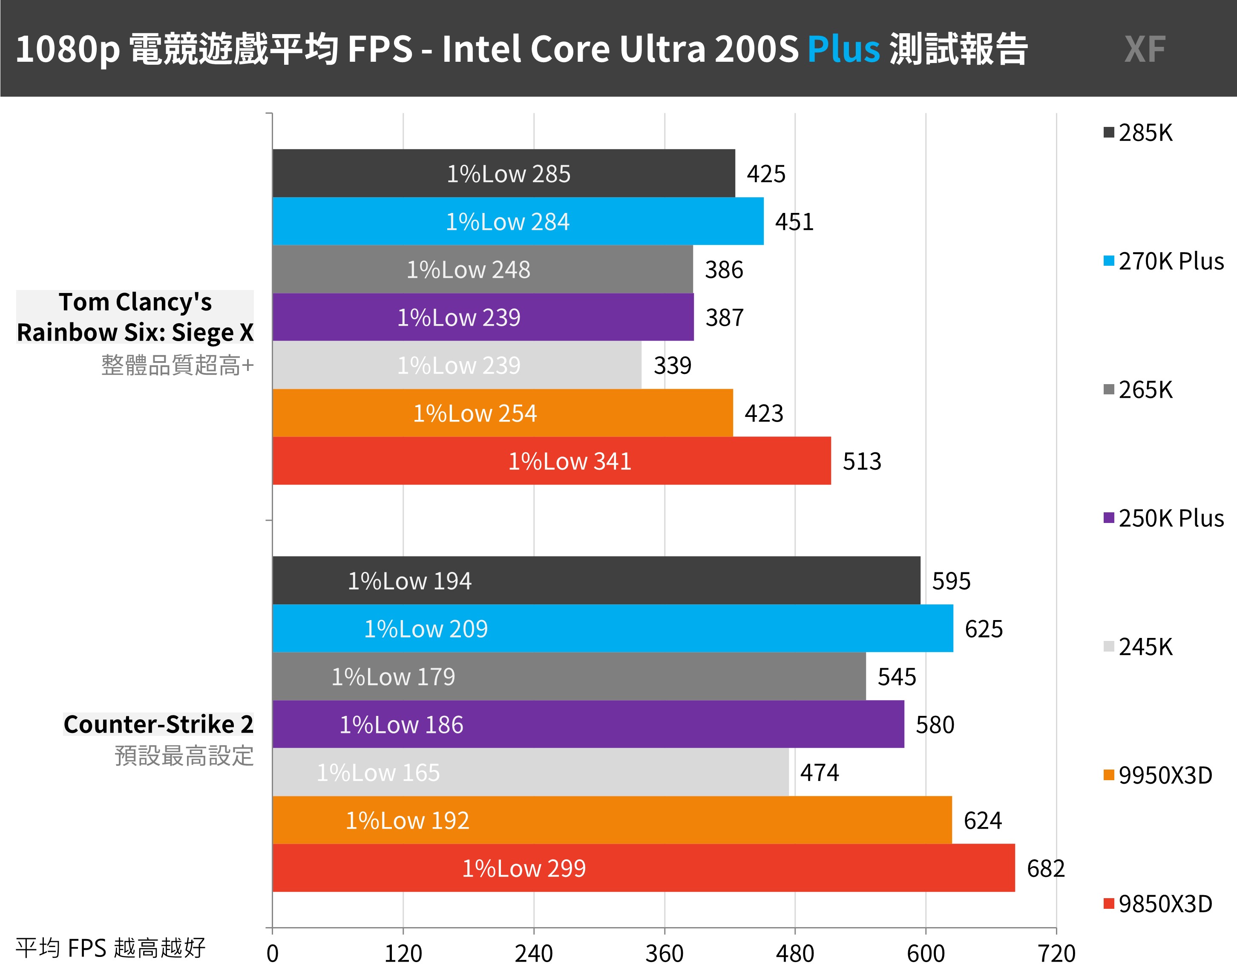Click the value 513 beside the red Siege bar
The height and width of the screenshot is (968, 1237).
[x=862, y=461]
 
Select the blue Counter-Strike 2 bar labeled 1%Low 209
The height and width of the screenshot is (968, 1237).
[x=612, y=629]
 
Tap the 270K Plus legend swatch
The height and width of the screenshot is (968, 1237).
[x=1109, y=261]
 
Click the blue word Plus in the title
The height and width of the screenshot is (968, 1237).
[x=843, y=49]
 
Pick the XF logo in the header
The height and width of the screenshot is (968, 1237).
[x=1145, y=49]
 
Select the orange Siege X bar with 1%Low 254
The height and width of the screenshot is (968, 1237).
[x=502, y=413]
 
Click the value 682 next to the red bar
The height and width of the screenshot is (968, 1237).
[x=1046, y=868]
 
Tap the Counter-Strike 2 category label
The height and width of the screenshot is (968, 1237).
[x=158, y=724]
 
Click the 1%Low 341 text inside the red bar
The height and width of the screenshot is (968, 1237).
[x=570, y=461]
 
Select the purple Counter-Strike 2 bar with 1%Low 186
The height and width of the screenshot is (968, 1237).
[x=588, y=724]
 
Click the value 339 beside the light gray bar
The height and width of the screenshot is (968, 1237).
[x=672, y=365]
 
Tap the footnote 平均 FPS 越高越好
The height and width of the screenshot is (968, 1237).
[x=111, y=948]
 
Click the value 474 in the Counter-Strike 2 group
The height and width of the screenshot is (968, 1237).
[x=819, y=773]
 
